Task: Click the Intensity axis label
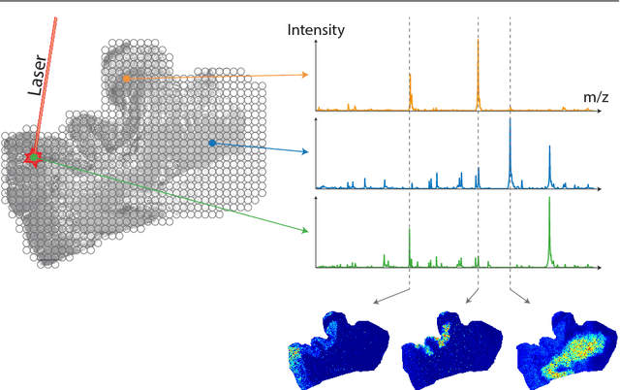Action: tap(316, 30)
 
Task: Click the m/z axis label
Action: tap(596, 98)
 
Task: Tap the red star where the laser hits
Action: tap(34, 156)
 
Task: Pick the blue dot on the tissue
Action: tap(212, 143)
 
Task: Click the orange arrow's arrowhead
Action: tap(305, 75)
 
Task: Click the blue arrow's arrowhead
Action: tap(305, 152)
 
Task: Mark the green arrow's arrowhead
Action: tap(304, 231)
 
